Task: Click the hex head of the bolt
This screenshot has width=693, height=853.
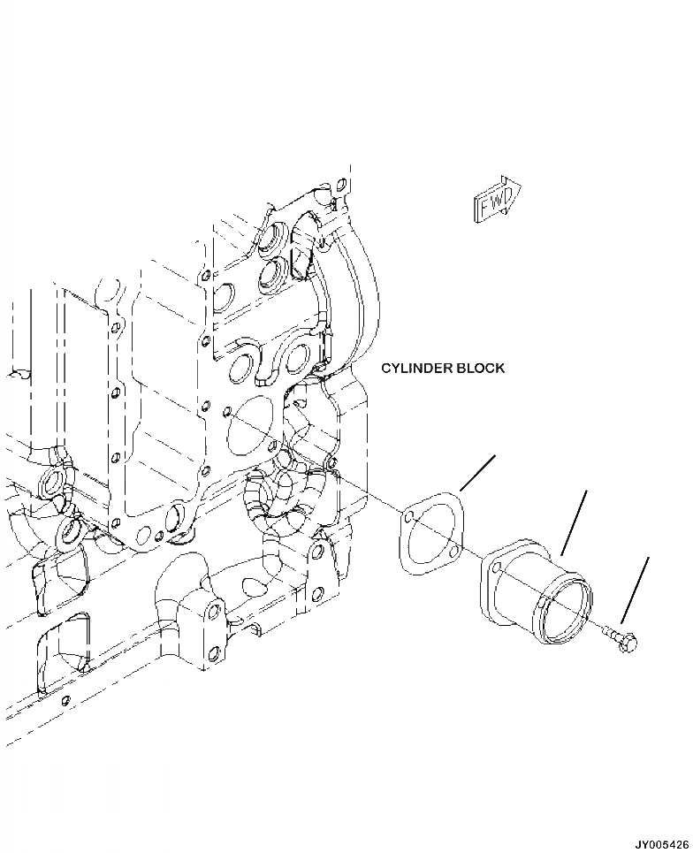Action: (630, 645)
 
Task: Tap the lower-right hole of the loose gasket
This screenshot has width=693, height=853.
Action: (453, 551)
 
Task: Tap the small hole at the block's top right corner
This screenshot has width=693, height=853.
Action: (341, 186)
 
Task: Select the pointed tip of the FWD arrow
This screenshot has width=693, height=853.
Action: (522, 188)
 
